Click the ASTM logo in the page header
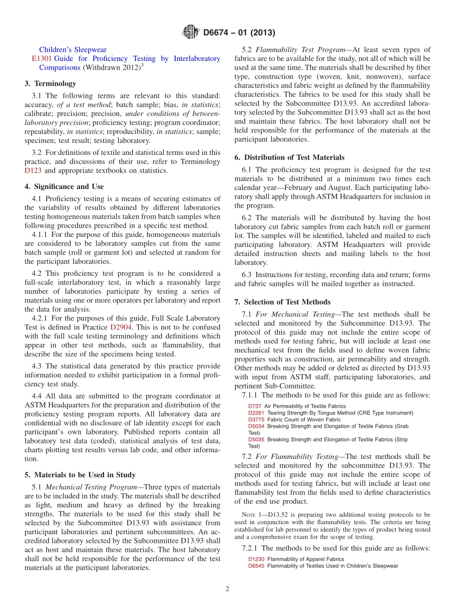coord(191,33)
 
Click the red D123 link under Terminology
coord(34,170)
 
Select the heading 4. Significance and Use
coord(64,187)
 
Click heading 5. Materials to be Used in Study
coord(80,475)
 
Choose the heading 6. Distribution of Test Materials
coord(289,157)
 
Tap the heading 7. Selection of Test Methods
coord(282,302)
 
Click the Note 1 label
coord(254,515)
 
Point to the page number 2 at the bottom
coord(227,589)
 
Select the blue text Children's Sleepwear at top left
coord(73,49)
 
